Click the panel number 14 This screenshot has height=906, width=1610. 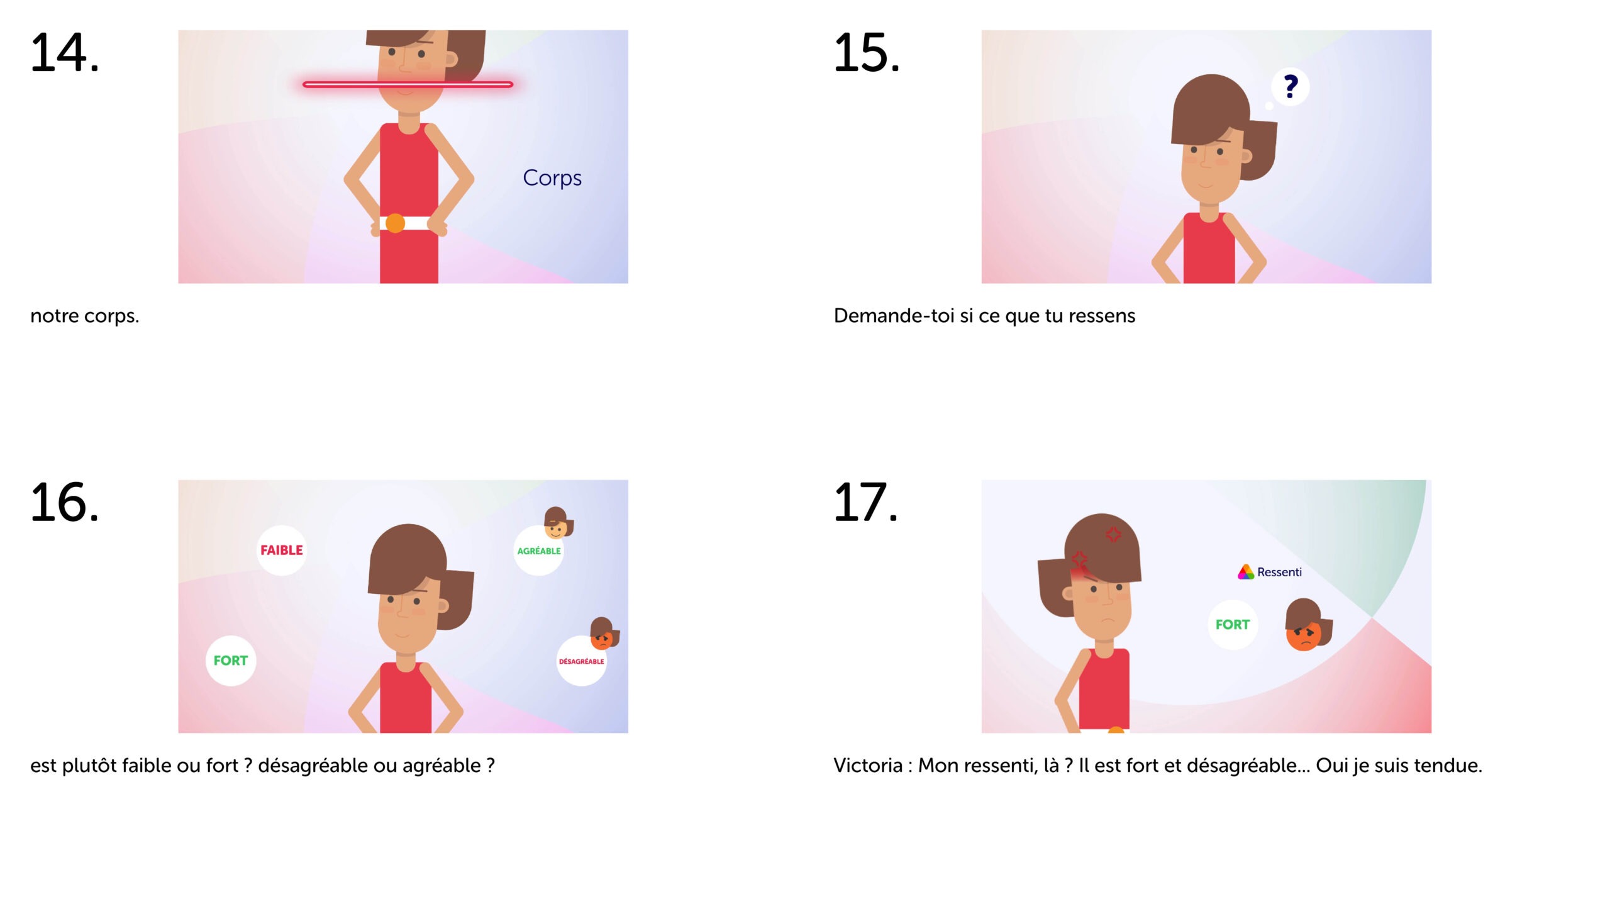click(x=64, y=53)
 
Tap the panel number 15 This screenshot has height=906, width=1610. click(x=867, y=53)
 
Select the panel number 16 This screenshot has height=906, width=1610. click(x=64, y=503)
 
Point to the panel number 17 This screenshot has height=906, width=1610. click(x=865, y=503)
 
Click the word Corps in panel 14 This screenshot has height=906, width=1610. click(x=552, y=178)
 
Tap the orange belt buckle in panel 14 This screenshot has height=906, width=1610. click(x=395, y=223)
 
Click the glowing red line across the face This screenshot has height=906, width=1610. click(x=408, y=84)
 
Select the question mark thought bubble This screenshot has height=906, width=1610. click(x=1290, y=87)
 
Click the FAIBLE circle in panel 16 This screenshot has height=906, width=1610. click(x=282, y=551)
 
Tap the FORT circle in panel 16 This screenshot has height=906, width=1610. click(x=231, y=661)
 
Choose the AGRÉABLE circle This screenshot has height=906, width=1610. click(x=539, y=551)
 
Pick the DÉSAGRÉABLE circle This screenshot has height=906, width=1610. click(x=582, y=661)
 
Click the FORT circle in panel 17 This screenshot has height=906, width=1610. click(x=1233, y=625)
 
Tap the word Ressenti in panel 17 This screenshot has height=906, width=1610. click(x=1279, y=572)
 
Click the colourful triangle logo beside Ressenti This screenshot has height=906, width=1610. click(x=1246, y=572)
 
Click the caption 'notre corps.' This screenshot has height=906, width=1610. click(x=85, y=316)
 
